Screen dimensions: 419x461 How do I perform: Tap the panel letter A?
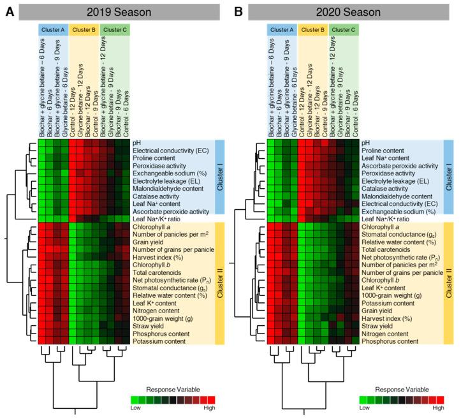10,10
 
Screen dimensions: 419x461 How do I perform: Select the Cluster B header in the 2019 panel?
84,29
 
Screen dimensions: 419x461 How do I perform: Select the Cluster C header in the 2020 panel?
344,29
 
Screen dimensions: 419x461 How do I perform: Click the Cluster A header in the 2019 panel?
52,29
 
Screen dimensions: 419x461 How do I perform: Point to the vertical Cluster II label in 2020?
450,284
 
